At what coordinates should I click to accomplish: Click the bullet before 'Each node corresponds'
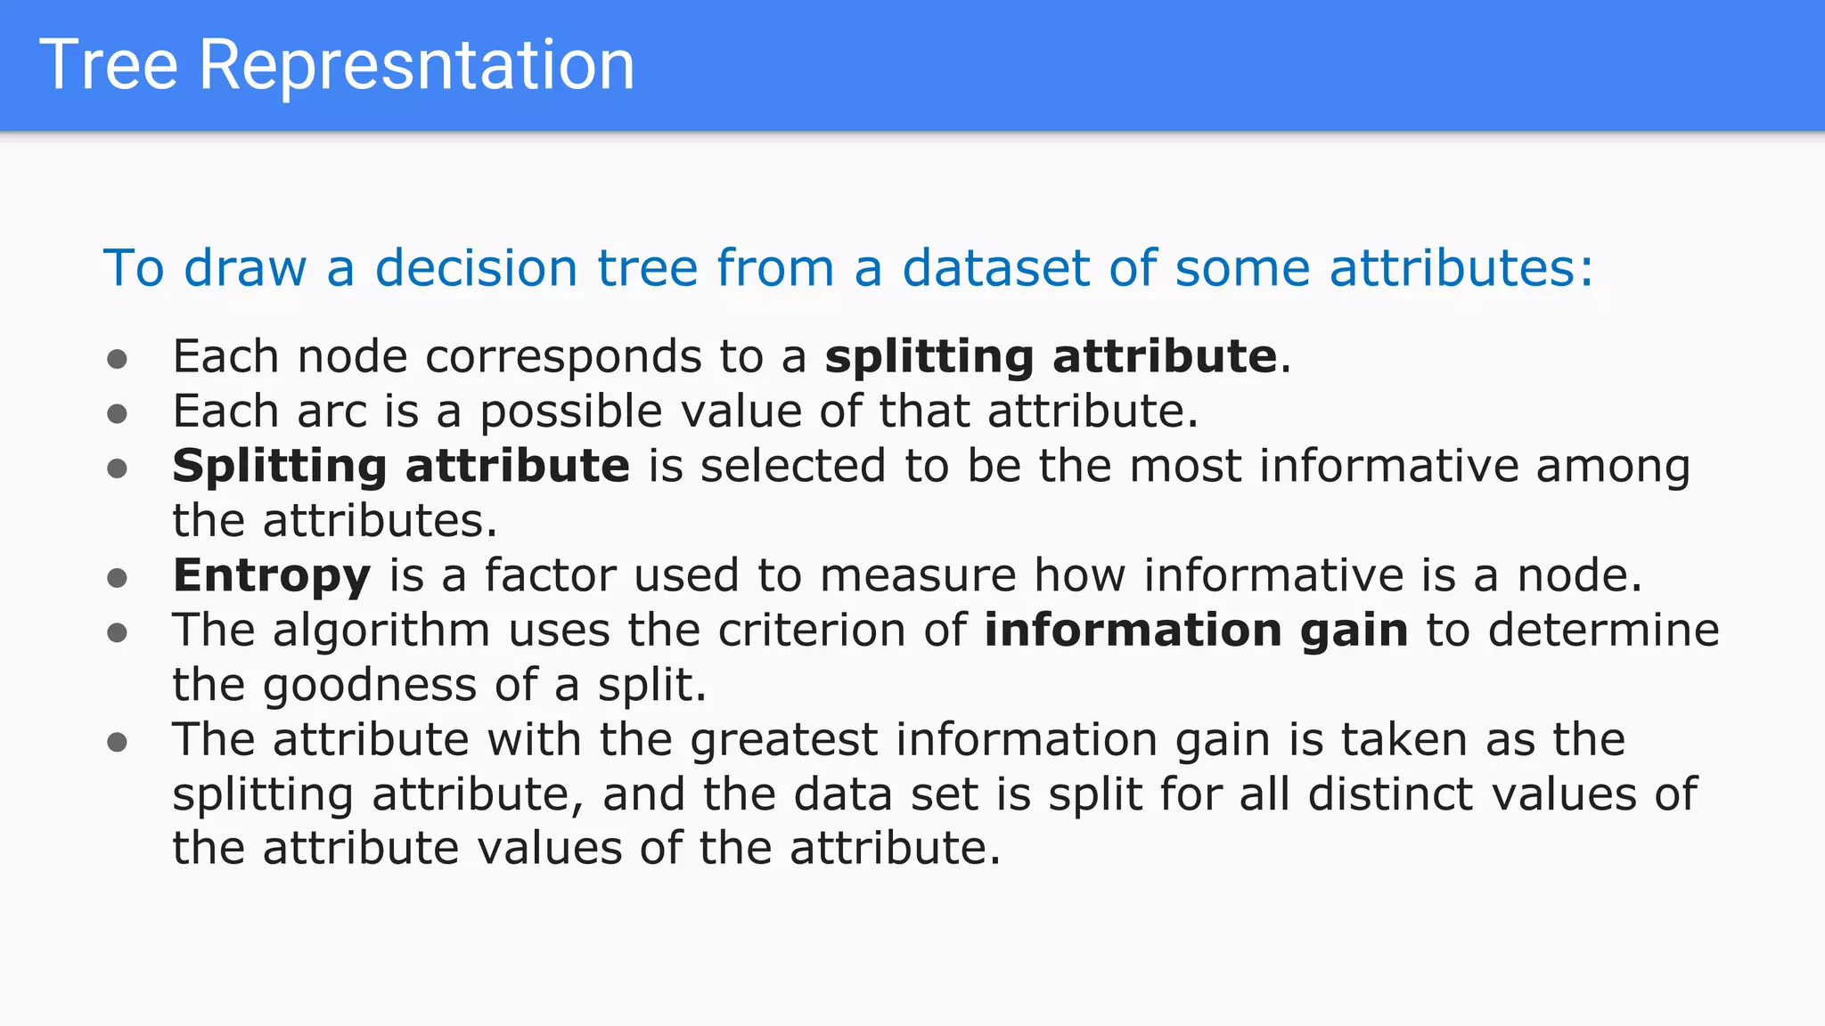pyautogui.click(x=117, y=359)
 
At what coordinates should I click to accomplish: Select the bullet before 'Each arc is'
pyautogui.click(x=117, y=413)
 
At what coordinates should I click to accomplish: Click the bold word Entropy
pyautogui.click(x=271, y=576)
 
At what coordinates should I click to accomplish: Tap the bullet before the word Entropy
pyautogui.click(x=117, y=578)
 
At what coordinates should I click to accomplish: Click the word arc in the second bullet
pyautogui.click(x=331, y=411)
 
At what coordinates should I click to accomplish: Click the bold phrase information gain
pyautogui.click(x=1196, y=631)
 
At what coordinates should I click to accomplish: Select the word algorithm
pyautogui.click(x=381, y=631)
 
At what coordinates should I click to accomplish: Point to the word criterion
pyautogui.click(x=811, y=631)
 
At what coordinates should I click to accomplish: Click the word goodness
pyautogui.click(x=370, y=686)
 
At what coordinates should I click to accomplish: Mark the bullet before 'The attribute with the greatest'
pyautogui.click(x=117, y=742)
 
